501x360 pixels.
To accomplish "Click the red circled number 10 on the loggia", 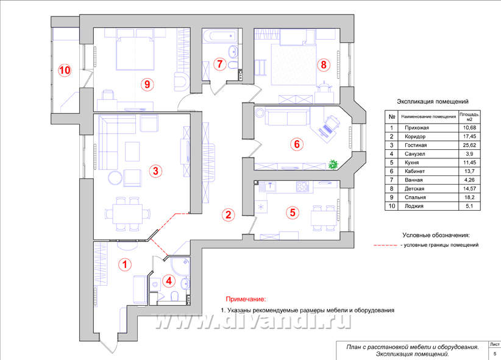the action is [x=65, y=70].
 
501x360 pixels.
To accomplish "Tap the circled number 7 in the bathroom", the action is [x=219, y=64].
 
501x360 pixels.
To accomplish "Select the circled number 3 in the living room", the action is [x=155, y=171].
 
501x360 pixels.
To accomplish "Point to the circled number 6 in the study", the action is [x=297, y=144].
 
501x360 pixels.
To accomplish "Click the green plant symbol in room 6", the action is [x=333, y=164].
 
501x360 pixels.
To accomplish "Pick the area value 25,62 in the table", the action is [x=469, y=145].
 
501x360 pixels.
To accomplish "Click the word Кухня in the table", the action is [x=411, y=162].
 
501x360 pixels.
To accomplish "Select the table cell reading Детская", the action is [x=414, y=188].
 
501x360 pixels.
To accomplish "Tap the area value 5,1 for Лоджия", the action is [x=469, y=206].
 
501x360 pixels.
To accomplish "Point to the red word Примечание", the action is [x=246, y=299].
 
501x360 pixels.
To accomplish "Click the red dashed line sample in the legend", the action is [x=385, y=245].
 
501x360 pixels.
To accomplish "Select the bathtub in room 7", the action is [x=220, y=36].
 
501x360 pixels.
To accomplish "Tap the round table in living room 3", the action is [x=115, y=178].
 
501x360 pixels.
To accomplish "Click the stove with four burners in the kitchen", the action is [x=302, y=186].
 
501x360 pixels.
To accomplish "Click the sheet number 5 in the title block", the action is [x=495, y=354].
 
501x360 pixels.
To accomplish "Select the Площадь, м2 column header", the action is [x=469, y=116].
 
